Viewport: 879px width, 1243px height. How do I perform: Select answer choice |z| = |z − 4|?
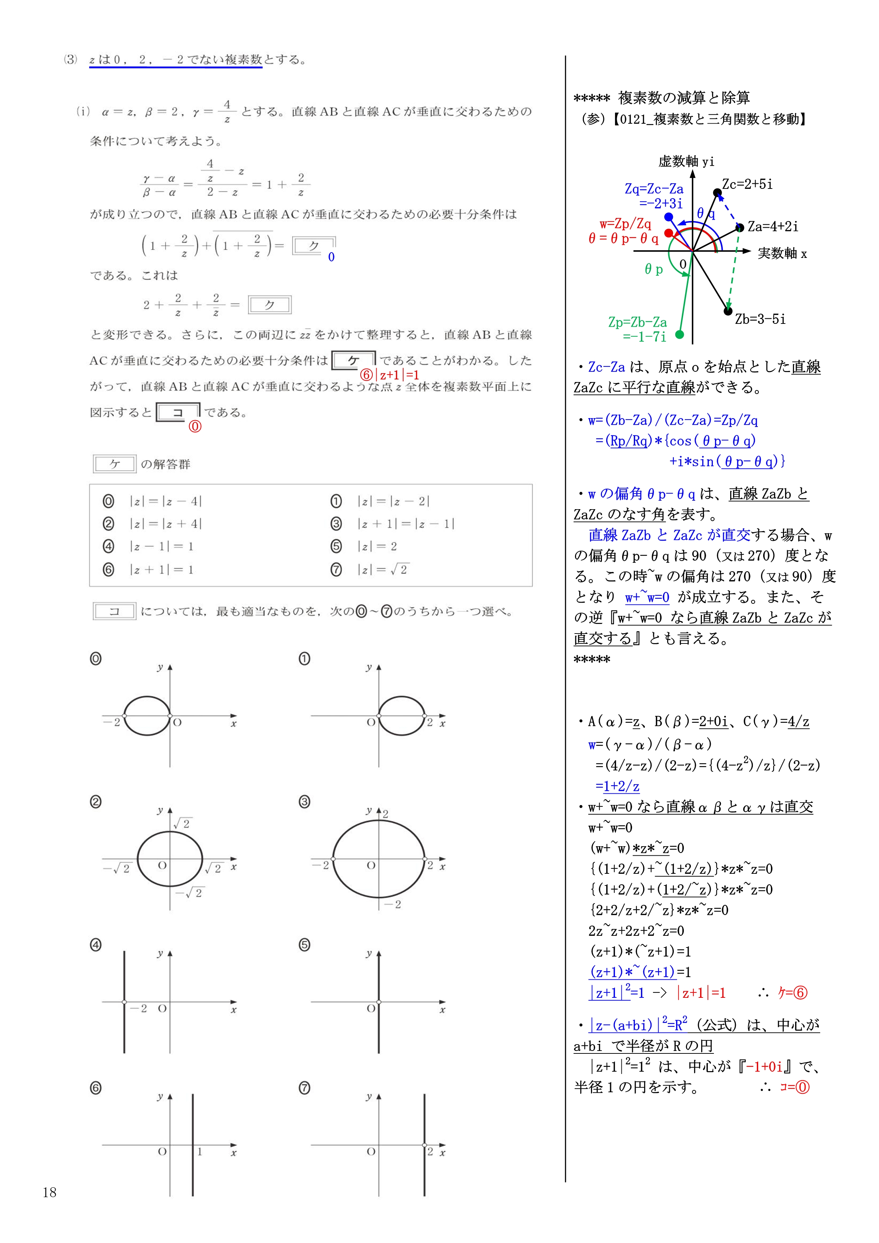point(165,501)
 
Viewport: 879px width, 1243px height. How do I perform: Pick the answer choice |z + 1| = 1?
point(161,569)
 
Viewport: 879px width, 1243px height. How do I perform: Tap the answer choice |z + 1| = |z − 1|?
point(405,524)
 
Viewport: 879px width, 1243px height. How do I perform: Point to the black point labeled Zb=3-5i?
point(728,311)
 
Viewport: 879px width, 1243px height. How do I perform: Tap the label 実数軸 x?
point(782,253)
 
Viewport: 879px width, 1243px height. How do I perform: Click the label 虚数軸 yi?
point(686,161)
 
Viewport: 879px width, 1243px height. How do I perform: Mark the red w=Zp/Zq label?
point(625,224)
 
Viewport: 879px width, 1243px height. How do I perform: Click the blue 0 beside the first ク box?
point(331,257)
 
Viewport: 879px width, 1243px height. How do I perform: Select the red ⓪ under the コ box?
point(195,427)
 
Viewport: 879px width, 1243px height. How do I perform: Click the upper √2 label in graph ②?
point(182,823)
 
